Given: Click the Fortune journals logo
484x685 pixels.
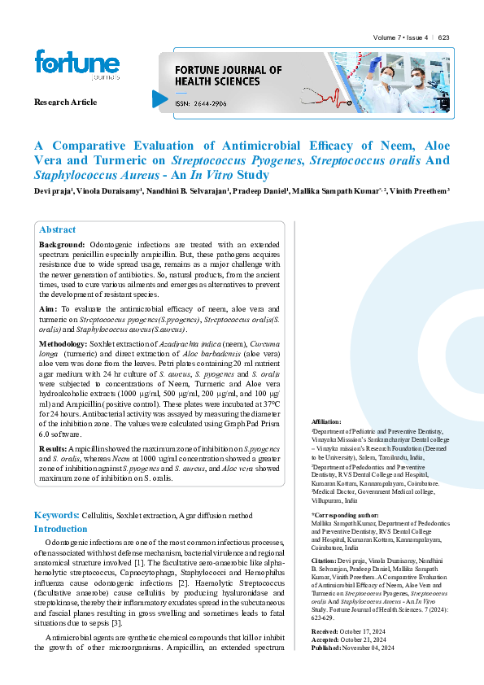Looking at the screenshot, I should pos(65,64).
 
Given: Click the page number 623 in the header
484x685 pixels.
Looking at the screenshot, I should pos(443,38).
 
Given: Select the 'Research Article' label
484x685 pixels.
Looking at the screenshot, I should pos(65,102).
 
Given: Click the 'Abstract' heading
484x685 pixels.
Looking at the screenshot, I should pos(58,229).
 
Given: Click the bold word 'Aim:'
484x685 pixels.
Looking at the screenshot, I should pos(48,310).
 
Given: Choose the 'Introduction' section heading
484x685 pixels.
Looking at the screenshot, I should pos(60,529).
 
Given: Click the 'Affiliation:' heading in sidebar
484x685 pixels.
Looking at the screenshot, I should pos(326,421).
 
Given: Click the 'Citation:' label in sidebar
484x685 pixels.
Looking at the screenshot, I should pos(325,561).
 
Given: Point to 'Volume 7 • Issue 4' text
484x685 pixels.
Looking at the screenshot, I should pos(402,38).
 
